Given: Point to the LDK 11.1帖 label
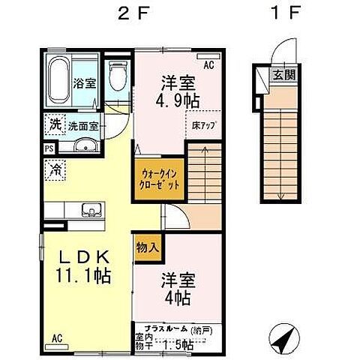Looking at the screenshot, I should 85,266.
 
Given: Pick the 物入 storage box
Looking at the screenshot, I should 146,246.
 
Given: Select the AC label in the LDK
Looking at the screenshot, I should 56,339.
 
